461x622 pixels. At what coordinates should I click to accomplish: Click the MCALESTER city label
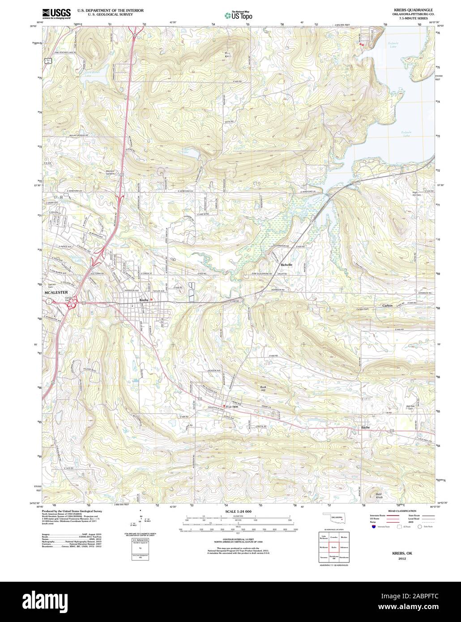pos(55,293)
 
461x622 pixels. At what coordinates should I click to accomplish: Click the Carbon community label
pos(387,306)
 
